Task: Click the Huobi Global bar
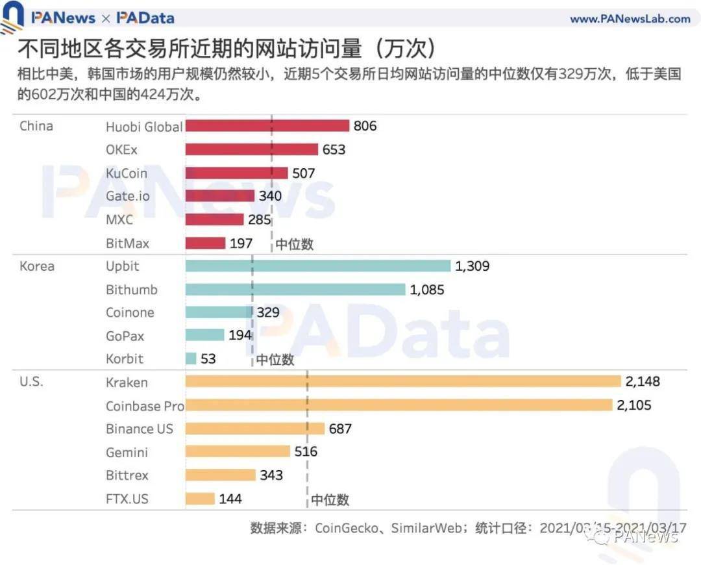267,126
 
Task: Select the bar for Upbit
318,266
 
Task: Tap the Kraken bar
403,382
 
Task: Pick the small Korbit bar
191,358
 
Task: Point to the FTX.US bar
200,499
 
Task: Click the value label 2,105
633,405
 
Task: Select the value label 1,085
427,290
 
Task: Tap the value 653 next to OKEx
334,150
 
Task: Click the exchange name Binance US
140,429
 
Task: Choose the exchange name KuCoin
127,173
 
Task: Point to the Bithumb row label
132,290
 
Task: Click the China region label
36,126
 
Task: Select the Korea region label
37,266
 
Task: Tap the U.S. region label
31,382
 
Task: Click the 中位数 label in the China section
294,244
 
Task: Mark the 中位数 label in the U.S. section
330,499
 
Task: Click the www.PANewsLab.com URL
630,19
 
